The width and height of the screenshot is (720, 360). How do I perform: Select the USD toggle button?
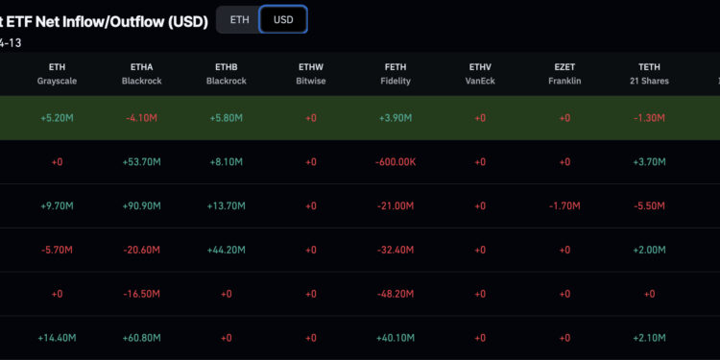click(283, 19)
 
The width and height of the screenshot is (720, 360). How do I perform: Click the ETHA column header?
click(141, 66)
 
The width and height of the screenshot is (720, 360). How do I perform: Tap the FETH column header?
click(395, 66)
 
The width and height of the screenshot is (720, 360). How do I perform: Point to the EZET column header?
click(564, 66)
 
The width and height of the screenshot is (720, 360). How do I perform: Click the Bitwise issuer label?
click(311, 81)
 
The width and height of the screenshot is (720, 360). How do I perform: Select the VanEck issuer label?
click(480, 81)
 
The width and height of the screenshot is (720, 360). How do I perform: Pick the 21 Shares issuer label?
click(649, 81)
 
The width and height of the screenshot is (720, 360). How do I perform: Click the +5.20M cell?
click(57, 118)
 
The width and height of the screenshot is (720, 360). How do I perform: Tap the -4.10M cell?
click(141, 118)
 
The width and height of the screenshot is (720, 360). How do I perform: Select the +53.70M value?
click(141, 162)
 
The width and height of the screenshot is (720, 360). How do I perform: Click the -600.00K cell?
click(395, 162)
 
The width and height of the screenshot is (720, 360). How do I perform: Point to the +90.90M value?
click(141, 205)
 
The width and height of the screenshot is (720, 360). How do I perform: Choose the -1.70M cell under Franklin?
click(564, 205)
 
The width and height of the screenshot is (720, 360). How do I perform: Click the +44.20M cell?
click(226, 250)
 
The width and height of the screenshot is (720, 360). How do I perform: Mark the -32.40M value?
click(395, 250)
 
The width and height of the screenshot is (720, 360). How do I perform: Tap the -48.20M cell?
click(395, 294)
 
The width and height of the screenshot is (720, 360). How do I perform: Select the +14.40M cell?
click(57, 337)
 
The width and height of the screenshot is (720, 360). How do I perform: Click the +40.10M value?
click(395, 337)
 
